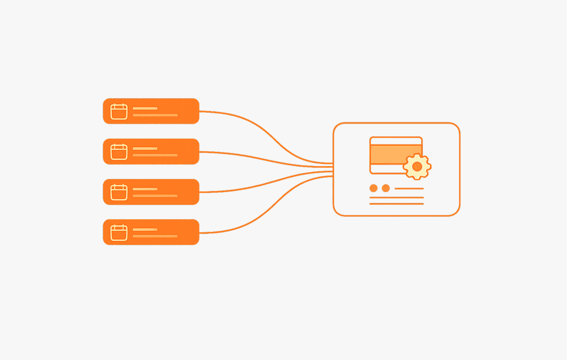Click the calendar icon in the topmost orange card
pyautogui.click(x=119, y=111)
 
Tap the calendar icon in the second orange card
pyautogui.click(x=119, y=152)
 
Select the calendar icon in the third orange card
pyautogui.click(x=119, y=192)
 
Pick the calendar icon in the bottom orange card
pyautogui.click(x=119, y=232)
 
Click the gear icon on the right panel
pyautogui.click(x=417, y=166)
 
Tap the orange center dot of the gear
pyautogui.click(x=417, y=166)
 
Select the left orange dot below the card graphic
pyautogui.click(x=373, y=188)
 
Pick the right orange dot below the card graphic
pyautogui.click(x=386, y=188)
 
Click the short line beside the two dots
pyautogui.click(x=409, y=189)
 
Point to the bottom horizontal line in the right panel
pyautogui.click(x=396, y=204)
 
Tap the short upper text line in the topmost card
pyautogui.click(x=145, y=108)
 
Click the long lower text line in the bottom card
pyautogui.click(x=155, y=236)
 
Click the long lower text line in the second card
pyautogui.click(x=155, y=155)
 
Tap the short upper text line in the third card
pyautogui.click(x=145, y=189)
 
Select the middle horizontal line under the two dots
pyautogui.click(x=396, y=198)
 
